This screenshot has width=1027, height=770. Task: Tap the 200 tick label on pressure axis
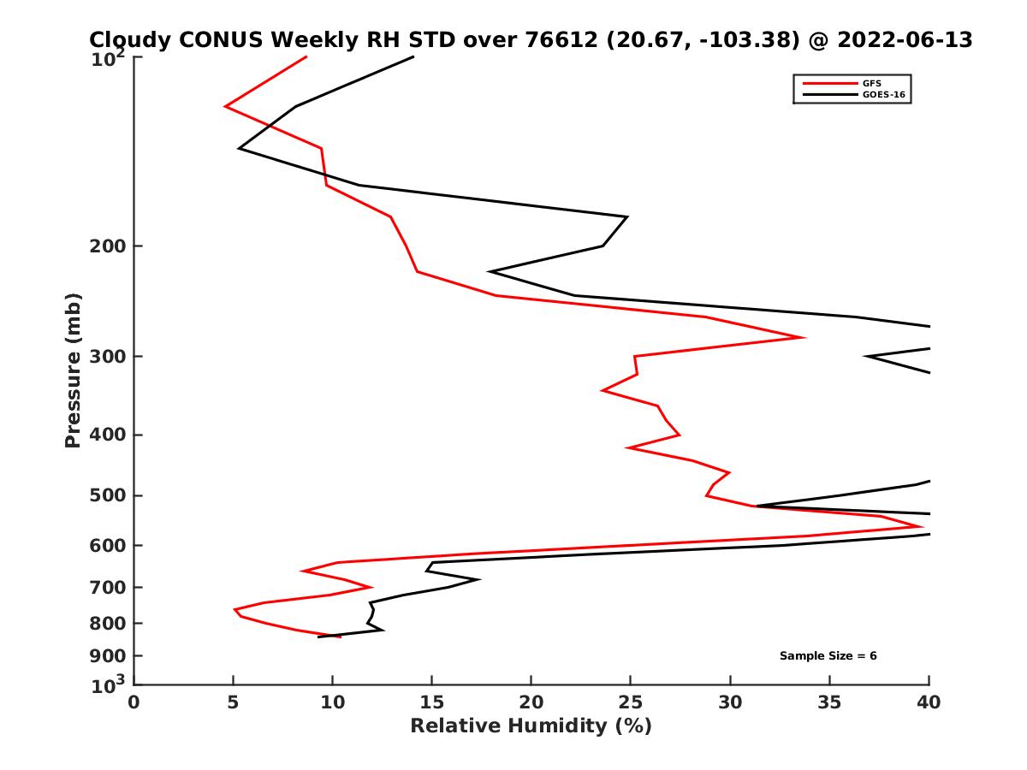105,246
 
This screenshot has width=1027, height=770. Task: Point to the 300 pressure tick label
105,356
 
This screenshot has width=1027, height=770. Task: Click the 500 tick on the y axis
105,495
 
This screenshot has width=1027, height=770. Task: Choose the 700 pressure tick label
105,588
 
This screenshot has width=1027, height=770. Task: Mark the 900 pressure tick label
105,656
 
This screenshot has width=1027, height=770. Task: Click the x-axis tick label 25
631,702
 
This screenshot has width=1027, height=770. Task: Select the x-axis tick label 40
929,702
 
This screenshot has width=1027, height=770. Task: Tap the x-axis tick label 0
134,702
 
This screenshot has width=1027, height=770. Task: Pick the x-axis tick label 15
432,702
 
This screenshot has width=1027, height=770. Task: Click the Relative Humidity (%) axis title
531,726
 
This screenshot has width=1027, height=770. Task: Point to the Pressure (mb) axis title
73,370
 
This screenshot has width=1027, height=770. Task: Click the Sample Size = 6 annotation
828,656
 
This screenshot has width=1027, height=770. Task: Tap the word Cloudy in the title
129,40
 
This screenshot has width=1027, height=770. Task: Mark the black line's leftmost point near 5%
240,149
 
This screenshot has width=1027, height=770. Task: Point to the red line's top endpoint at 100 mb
306,57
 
